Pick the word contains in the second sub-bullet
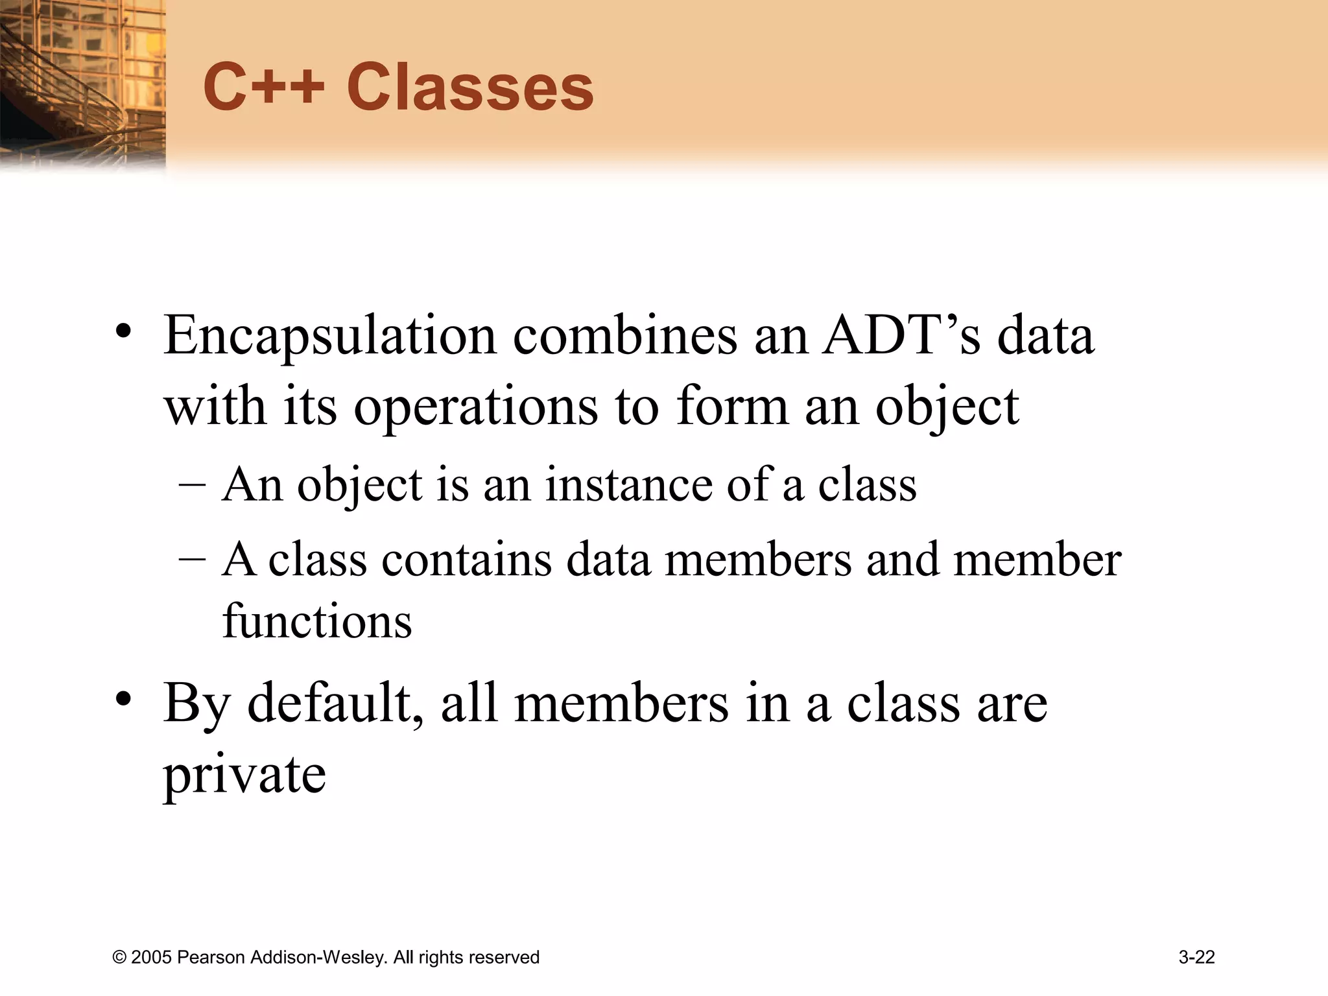(x=466, y=560)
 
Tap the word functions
(x=317, y=621)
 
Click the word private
(x=244, y=775)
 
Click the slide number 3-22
(x=1196, y=957)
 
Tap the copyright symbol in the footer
(x=119, y=958)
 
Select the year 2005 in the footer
(x=151, y=958)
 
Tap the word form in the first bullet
(x=732, y=407)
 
